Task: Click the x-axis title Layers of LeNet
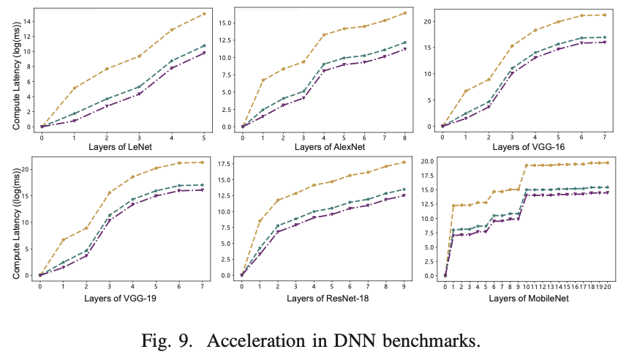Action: tap(123, 146)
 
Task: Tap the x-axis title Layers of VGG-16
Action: tap(524, 146)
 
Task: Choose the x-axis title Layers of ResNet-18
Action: tap(323, 298)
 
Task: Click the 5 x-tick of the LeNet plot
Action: tap(203, 137)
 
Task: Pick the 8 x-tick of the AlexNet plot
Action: tap(404, 137)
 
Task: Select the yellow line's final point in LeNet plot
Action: tap(203, 14)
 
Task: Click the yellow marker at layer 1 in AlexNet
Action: tap(263, 80)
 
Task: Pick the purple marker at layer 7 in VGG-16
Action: tap(605, 42)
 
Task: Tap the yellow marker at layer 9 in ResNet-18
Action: tap(404, 162)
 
